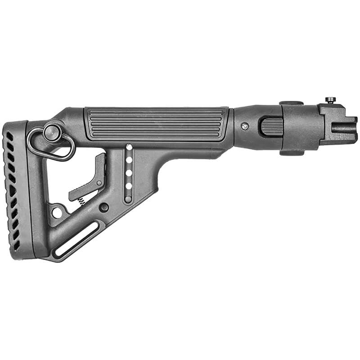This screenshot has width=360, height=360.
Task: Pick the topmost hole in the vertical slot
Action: tap(129, 147)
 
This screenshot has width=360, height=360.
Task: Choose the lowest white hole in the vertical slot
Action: tap(129, 185)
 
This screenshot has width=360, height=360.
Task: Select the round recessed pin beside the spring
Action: tap(104, 207)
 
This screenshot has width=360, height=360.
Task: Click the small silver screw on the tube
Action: tap(244, 127)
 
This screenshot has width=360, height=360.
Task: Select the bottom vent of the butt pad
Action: tap(17, 246)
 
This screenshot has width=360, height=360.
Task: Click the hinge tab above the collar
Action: tap(290, 103)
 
